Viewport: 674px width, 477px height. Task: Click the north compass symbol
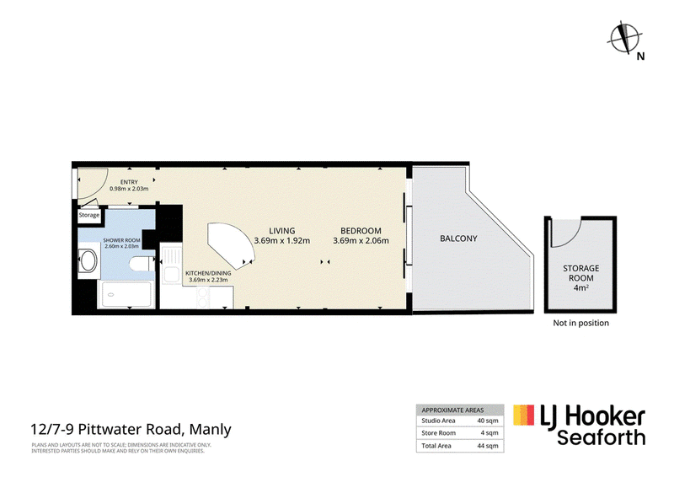tap(624, 39)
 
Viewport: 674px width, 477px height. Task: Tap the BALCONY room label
tap(458, 238)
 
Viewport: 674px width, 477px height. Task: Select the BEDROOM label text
tap(361, 231)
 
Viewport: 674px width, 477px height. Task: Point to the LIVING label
tap(282, 231)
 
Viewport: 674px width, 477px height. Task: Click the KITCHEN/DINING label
tap(208, 273)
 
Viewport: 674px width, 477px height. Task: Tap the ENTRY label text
tap(129, 182)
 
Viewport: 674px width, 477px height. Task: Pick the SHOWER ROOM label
tap(121, 240)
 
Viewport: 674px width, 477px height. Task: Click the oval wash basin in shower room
tap(88, 260)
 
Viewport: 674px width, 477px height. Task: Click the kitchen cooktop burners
tap(203, 297)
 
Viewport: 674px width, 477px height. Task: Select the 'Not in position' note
tap(580, 323)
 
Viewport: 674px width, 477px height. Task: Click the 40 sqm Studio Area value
tap(488, 421)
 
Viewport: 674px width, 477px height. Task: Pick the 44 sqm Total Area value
tap(488, 446)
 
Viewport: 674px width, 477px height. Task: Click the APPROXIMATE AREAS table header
tap(452, 410)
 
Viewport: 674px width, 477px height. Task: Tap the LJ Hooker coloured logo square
tap(523, 415)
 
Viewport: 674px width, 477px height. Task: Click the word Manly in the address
tap(210, 429)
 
